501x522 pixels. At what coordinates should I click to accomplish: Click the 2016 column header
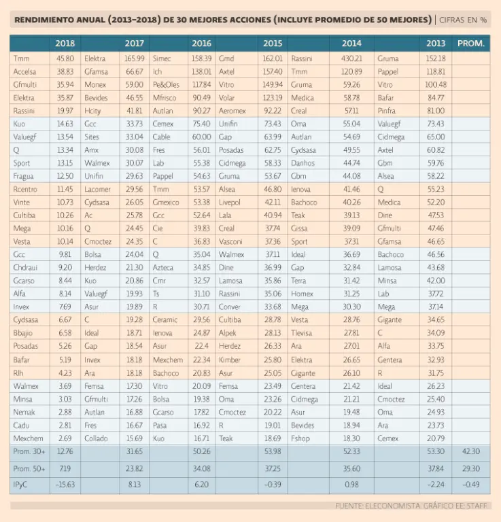201,43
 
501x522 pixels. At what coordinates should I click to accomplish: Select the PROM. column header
470,43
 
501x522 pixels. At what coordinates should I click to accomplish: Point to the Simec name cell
162,59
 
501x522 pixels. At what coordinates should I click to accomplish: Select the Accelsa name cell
24,72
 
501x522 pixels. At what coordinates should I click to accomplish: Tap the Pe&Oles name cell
167,85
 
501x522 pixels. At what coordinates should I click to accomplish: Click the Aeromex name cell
232,111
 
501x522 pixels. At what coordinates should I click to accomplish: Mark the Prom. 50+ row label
28,468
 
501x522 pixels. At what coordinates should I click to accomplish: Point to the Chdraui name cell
26,268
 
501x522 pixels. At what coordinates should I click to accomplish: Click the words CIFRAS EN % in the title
464,20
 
